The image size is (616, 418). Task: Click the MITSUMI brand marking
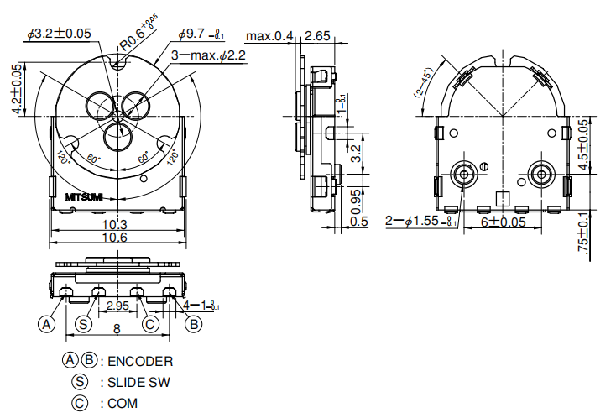86,196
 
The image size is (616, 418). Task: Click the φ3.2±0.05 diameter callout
60,34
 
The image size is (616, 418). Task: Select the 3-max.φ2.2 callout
207,55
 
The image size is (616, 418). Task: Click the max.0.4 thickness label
269,35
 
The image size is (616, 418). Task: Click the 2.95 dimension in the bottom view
117,306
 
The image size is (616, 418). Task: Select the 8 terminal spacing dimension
117,330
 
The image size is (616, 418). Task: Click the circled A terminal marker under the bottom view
47,323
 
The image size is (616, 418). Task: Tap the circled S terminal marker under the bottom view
83,323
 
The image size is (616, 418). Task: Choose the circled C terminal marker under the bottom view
150,323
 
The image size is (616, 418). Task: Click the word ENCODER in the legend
140,362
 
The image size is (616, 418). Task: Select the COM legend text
123,404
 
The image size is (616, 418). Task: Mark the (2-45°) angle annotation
423,84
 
